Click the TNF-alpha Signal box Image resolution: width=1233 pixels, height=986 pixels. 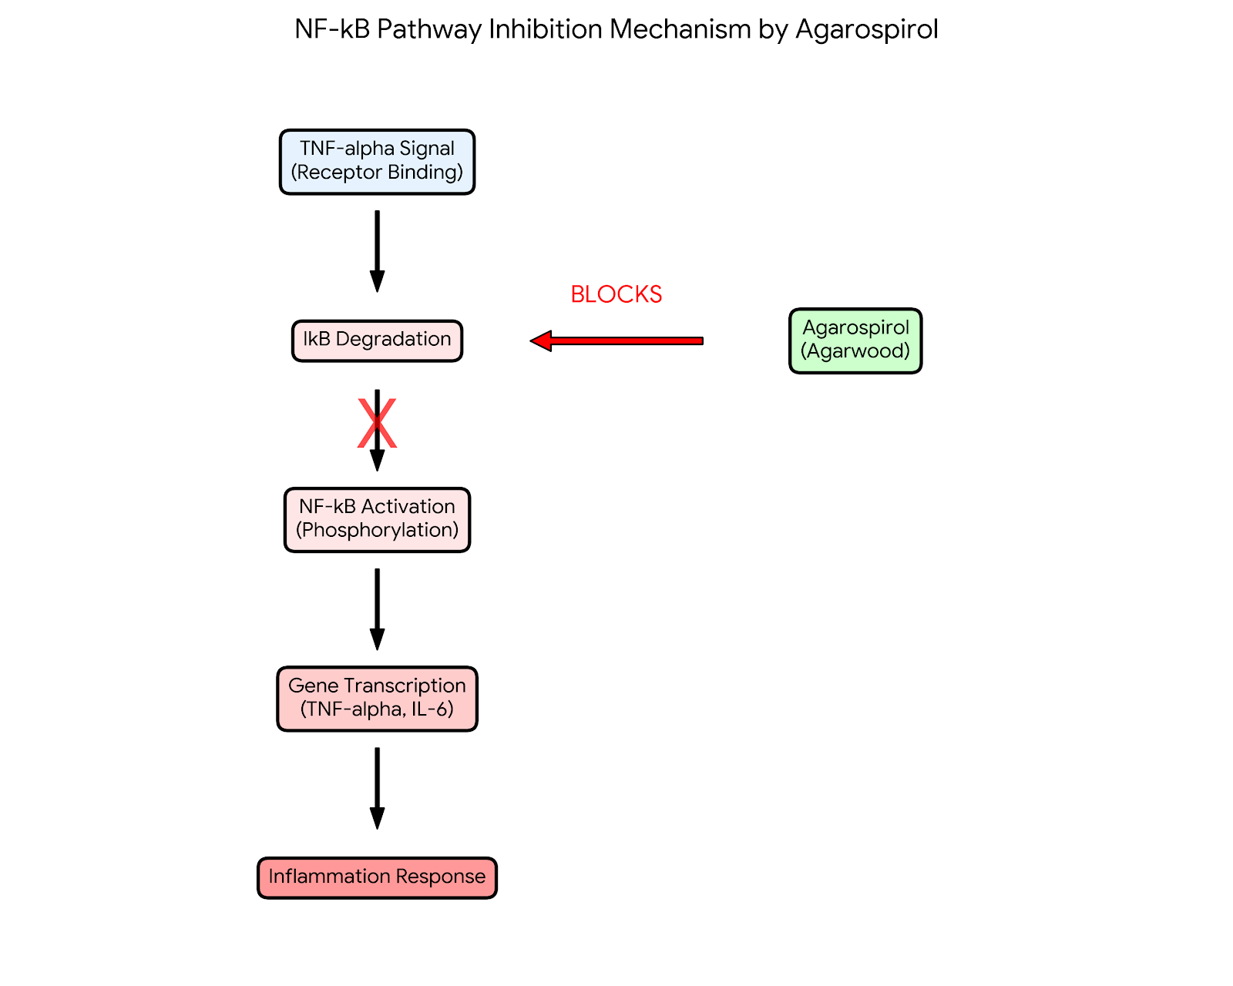pos(377,162)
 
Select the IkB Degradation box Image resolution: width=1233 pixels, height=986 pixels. pos(377,340)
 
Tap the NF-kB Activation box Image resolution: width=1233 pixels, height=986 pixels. pos(377,520)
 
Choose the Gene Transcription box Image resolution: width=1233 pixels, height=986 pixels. pos(377,699)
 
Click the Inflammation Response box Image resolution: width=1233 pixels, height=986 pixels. pos(377,877)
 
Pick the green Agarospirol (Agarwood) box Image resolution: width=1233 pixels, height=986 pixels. pos(855,340)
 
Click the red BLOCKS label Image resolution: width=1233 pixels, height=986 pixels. pos(616,294)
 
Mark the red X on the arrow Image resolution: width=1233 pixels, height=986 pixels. pos(377,424)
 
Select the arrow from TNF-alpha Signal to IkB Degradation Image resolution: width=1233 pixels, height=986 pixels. pos(377,250)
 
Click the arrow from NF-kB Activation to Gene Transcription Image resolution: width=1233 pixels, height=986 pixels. pos(377,609)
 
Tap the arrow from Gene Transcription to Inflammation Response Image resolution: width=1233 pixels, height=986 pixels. pos(377,787)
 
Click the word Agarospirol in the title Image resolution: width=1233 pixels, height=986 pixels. pos(866,29)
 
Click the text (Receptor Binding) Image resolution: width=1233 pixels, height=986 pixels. pos(377,173)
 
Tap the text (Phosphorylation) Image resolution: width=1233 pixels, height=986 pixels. pos(377,531)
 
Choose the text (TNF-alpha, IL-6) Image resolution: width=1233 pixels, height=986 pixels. pos(377,709)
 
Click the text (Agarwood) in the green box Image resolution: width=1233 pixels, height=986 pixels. pos(855,352)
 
